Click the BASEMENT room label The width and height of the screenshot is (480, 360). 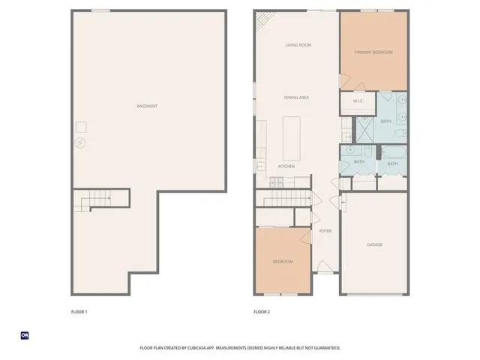tap(148, 106)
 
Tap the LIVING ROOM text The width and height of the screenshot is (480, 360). tap(298, 45)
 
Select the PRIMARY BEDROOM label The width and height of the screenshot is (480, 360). tap(373, 52)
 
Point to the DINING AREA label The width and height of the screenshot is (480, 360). tap(296, 97)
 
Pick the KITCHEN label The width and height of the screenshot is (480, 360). tap(286, 166)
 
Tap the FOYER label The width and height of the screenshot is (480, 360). tap(325, 231)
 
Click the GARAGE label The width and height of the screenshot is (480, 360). tap(374, 244)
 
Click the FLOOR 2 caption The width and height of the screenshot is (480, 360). tap(261, 311)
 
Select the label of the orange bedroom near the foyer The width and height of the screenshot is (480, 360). tap(283, 261)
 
